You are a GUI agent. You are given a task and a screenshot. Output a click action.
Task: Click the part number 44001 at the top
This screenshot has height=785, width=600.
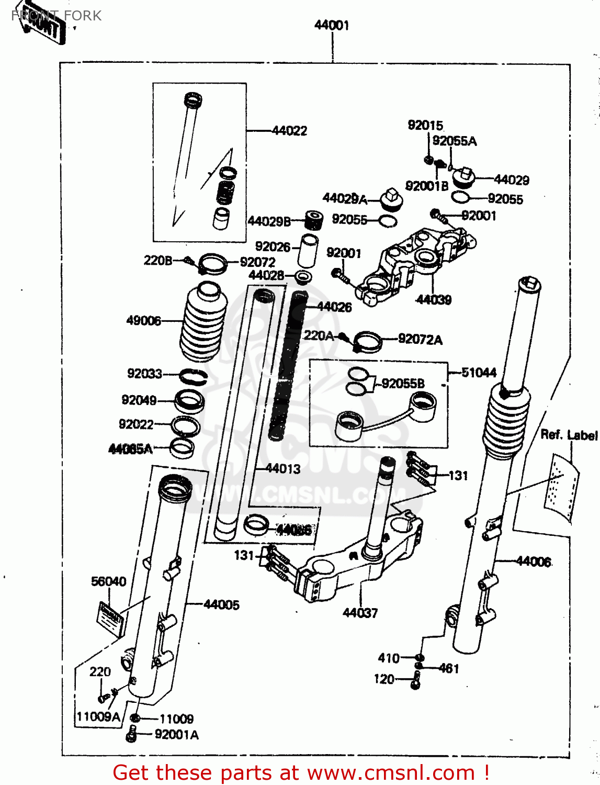pos(331,25)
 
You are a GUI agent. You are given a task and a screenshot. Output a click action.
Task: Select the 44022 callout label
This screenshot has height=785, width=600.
pos(289,131)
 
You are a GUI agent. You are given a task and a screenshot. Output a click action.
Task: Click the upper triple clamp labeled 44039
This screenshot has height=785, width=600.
pos(418,262)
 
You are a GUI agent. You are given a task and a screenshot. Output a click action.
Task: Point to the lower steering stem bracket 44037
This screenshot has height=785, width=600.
pos(356,565)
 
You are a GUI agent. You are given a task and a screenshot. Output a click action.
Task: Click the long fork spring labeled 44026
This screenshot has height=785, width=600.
pos(288,366)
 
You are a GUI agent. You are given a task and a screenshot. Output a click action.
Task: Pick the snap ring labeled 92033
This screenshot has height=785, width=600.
pos(193,376)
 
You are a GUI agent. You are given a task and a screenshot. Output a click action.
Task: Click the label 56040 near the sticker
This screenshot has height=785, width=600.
pos(108,581)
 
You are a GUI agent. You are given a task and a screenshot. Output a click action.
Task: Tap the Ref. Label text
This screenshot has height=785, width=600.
pos(569,435)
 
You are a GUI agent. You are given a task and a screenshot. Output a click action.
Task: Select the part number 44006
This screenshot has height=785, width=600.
pos(534,562)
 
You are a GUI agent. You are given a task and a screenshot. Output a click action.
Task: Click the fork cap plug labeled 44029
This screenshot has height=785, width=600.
pos(463,178)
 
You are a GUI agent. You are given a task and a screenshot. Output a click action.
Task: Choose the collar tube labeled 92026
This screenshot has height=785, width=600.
pos(308,251)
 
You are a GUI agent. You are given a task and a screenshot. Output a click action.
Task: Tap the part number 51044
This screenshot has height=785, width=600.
pos(479,373)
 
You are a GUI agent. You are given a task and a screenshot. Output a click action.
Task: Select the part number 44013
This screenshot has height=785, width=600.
pos(283,469)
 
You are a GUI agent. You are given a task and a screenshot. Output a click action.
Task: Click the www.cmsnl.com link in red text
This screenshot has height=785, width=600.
pos(391,773)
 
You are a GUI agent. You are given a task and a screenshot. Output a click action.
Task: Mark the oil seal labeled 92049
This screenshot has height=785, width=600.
pos(189,401)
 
